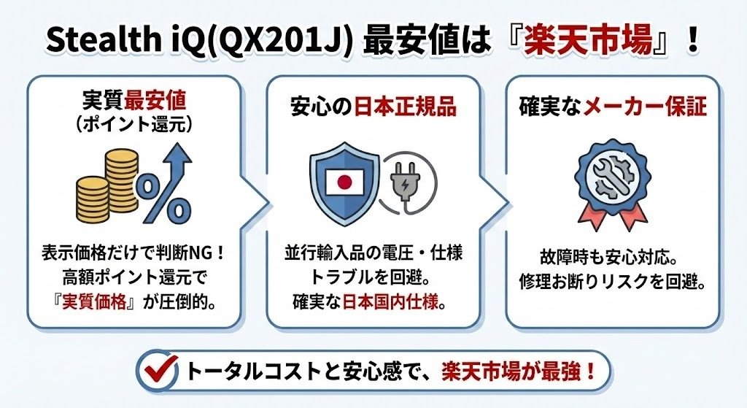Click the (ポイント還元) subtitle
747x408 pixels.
(133, 125)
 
